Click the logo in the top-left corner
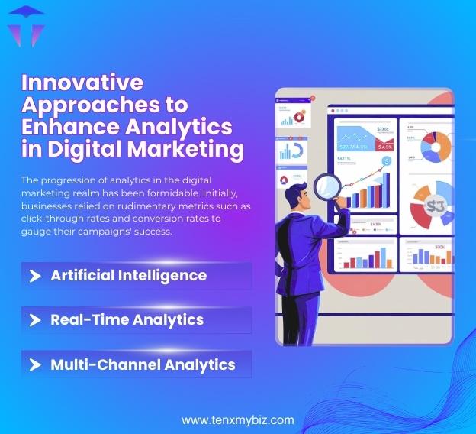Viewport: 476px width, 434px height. [26, 27]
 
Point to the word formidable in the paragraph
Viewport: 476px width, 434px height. [218, 192]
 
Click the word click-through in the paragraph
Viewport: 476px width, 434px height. [53, 219]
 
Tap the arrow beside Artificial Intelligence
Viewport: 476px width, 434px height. [34, 276]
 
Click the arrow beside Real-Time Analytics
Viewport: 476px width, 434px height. [34, 320]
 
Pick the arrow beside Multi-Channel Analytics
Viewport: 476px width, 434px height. [34, 364]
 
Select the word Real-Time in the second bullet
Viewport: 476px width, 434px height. [90, 319]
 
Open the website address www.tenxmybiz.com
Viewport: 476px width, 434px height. [237, 419]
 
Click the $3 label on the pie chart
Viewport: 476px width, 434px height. [436, 206]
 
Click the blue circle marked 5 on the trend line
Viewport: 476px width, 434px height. [387, 161]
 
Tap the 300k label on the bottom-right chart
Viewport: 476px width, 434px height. [439, 248]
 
